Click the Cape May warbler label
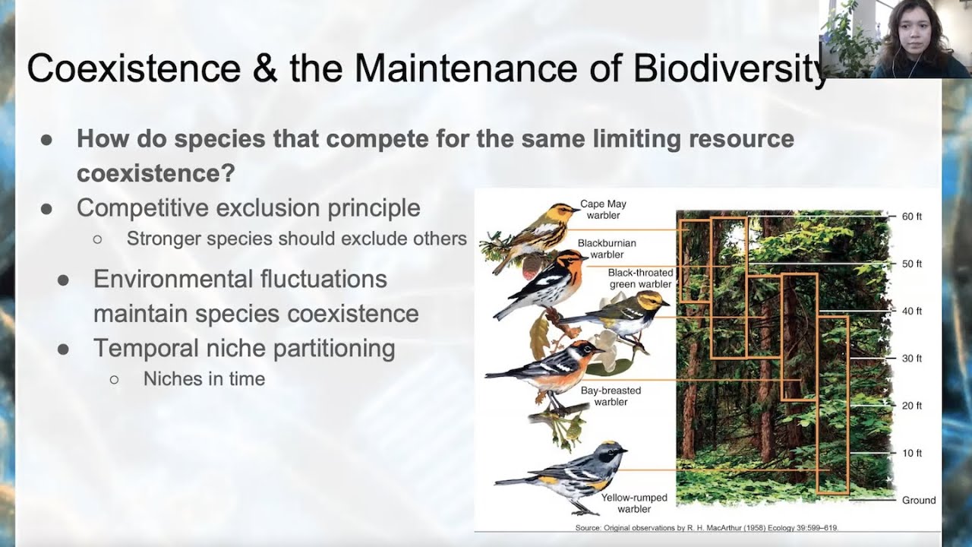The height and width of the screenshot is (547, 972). click(603, 210)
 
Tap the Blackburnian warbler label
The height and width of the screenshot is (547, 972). click(607, 248)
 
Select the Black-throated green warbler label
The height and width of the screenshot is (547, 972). click(640, 278)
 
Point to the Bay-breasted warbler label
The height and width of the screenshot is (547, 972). click(611, 396)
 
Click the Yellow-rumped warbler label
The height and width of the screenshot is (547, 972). click(634, 503)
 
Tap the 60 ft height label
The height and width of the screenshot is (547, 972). click(912, 217)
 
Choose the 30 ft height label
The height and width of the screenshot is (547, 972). click(912, 358)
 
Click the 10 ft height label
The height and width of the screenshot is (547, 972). click(912, 453)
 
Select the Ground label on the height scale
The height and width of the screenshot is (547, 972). click(919, 500)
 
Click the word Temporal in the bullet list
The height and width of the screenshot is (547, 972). click(147, 348)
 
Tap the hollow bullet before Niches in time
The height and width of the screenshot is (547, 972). click(114, 380)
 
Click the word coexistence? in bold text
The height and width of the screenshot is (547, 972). click(156, 173)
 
